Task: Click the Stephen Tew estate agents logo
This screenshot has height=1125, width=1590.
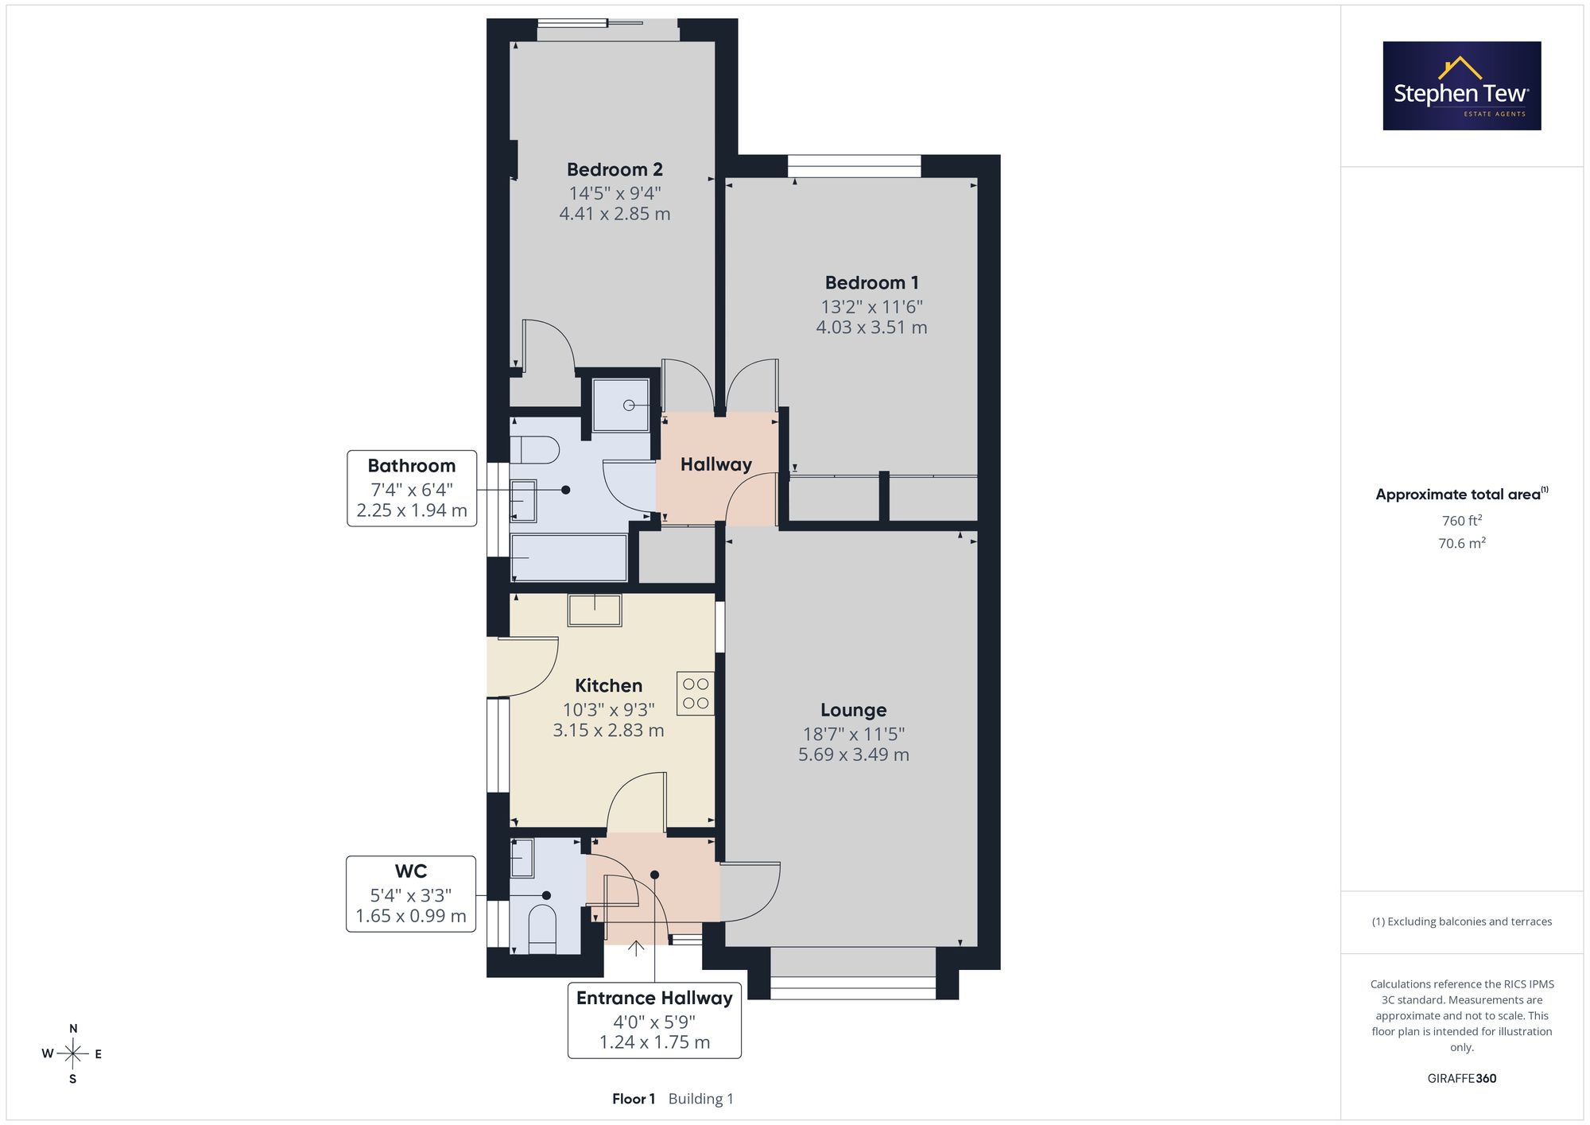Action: point(1461,86)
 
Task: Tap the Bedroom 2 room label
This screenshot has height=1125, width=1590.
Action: point(615,169)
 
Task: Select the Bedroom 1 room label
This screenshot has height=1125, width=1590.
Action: point(871,283)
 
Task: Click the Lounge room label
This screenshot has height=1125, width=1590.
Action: point(853,710)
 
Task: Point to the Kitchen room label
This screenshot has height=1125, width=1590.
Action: point(608,685)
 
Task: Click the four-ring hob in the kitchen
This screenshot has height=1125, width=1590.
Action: point(696,693)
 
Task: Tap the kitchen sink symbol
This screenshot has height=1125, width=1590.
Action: point(595,610)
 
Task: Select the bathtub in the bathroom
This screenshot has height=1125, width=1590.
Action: point(568,557)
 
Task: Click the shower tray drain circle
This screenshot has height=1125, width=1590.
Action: point(629,405)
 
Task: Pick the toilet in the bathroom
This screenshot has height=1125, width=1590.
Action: point(529,450)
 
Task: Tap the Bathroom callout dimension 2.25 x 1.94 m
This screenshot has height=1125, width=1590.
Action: point(412,510)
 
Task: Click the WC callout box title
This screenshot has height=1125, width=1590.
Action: point(411,871)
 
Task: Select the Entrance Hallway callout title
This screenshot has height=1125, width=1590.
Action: point(654,998)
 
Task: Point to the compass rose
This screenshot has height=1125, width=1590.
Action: point(72,1054)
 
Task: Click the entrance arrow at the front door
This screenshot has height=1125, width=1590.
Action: point(636,948)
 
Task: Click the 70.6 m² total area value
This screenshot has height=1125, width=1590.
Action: point(1462,543)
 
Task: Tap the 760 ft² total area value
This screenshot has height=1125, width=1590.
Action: point(1462,521)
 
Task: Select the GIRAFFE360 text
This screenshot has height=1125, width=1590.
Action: point(1462,1079)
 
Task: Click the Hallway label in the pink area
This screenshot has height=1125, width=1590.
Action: point(716,464)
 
